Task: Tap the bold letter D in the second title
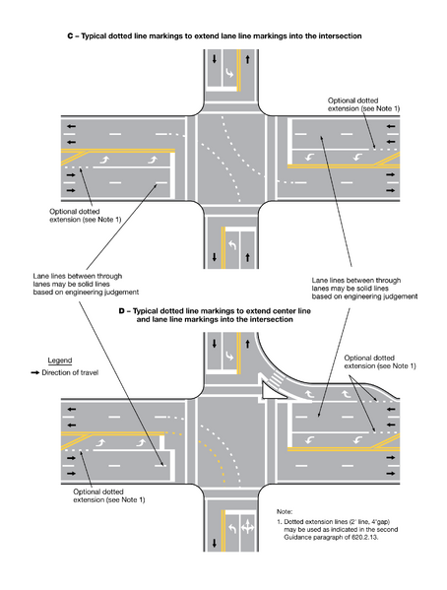point(122,310)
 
